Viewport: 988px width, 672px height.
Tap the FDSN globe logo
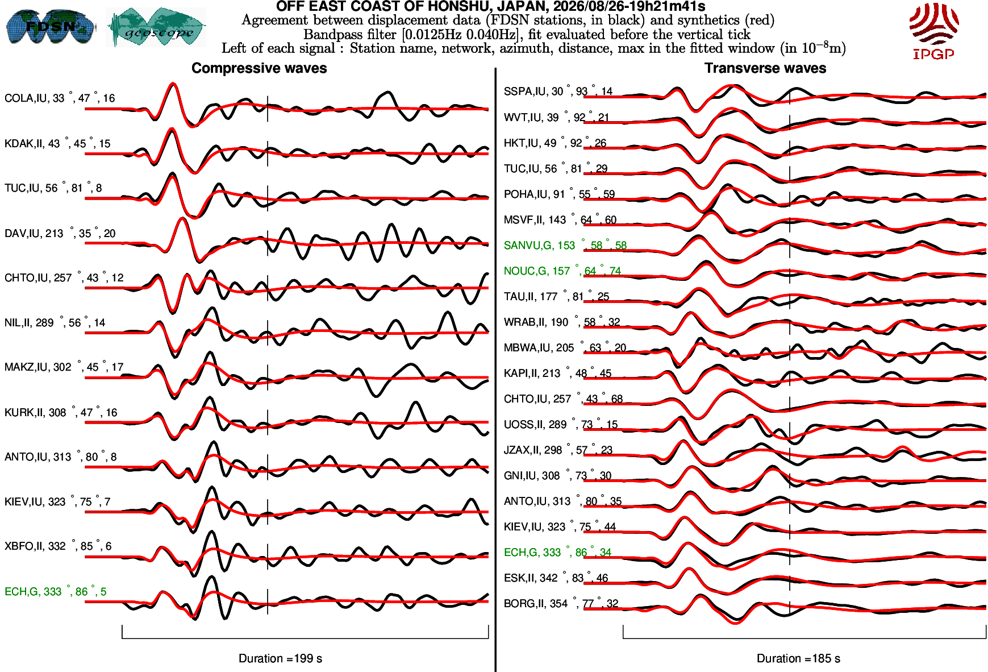(x=51, y=26)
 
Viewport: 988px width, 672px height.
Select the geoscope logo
(x=156, y=27)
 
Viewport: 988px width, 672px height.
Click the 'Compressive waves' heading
(x=259, y=68)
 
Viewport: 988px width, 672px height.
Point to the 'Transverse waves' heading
(x=765, y=68)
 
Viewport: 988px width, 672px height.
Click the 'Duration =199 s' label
(x=280, y=658)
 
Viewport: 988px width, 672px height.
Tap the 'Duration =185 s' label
(x=798, y=658)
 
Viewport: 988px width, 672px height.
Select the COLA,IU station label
(x=60, y=98)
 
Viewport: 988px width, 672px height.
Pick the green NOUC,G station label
(x=562, y=271)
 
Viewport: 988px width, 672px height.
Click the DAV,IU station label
(x=60, y=233)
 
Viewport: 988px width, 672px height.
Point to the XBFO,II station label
(x=58, y=546)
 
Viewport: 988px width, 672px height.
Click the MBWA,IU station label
(x=565, y=347)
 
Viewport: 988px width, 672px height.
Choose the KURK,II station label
(x=61, y=412)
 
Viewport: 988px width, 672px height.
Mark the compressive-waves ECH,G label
(x=55, y=591)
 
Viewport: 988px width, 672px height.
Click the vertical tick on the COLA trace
(x=268, y=109)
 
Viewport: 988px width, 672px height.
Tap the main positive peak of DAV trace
(x=182, y=218)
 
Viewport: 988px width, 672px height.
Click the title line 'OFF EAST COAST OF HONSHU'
(x=491, y=6)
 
